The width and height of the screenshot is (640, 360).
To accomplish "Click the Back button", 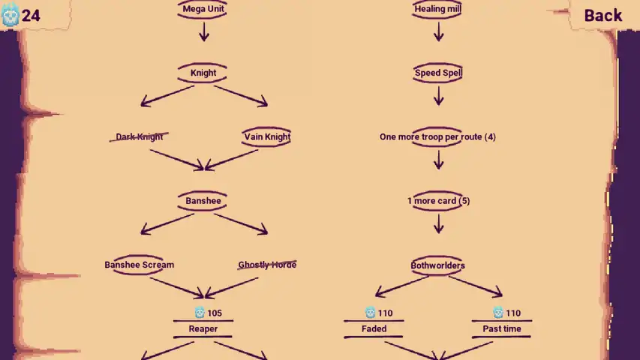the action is [x=602, y=16].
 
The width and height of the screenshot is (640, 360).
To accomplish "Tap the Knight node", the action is [x=203, y=73].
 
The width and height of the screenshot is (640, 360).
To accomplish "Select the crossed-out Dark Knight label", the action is [x=140, y=136].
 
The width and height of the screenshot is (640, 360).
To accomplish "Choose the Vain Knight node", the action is [x=267, y=136].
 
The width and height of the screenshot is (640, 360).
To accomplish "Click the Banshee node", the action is [x=203, y=201].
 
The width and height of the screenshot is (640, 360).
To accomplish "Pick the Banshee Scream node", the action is [x=140, y=265].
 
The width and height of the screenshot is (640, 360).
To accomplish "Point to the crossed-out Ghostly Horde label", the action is [x=267, y=265].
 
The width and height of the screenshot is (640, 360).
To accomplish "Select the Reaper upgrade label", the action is [x=203, y=329].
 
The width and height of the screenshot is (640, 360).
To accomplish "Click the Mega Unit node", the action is [x=203, y=9].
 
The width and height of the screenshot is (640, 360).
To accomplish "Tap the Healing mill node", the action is [x=437, y=9].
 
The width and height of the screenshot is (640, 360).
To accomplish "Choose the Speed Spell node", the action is [x=438, y=73].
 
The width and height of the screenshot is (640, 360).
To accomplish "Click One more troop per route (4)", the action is [x=437, y=136].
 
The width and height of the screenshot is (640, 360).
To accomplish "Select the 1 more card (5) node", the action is [x=438, y=201].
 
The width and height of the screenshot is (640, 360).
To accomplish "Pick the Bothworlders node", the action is [x=437, y=265].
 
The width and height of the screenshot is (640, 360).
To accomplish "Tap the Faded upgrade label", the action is [x=374, y=329].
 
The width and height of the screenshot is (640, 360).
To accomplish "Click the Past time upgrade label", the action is [x=502, y=329].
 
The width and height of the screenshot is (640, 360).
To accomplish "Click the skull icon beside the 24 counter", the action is [x=11, y=15].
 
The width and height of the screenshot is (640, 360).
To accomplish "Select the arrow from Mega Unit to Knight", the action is [x=204, y=31].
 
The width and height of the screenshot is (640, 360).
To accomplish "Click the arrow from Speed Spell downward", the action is [x=439, y=96].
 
